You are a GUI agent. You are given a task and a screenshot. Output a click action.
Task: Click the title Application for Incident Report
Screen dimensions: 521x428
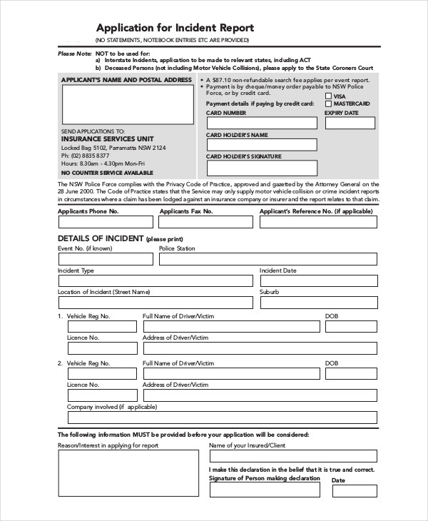(175, 28)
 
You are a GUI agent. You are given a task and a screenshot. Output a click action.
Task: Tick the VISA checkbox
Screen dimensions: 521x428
(328, 96)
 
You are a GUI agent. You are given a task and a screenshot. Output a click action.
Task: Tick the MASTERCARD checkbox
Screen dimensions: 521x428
(328, 103)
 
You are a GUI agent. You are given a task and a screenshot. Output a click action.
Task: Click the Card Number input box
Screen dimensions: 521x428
(262, 123)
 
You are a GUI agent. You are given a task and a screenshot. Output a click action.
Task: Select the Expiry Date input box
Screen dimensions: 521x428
(351, 123)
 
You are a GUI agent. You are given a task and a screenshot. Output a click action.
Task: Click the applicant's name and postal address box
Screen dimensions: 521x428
(126, 105)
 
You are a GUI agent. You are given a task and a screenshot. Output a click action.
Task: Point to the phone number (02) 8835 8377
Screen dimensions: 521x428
(85, 156)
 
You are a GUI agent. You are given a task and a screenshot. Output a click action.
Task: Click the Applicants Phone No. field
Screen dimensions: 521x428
(104, 222)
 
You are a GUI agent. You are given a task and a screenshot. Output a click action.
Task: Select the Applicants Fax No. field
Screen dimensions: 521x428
(205, 222)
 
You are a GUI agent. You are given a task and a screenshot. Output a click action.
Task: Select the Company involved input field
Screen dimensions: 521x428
(222, 418)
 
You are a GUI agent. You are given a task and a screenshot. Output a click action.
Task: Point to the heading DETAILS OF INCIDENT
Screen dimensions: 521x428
(100, 237)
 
